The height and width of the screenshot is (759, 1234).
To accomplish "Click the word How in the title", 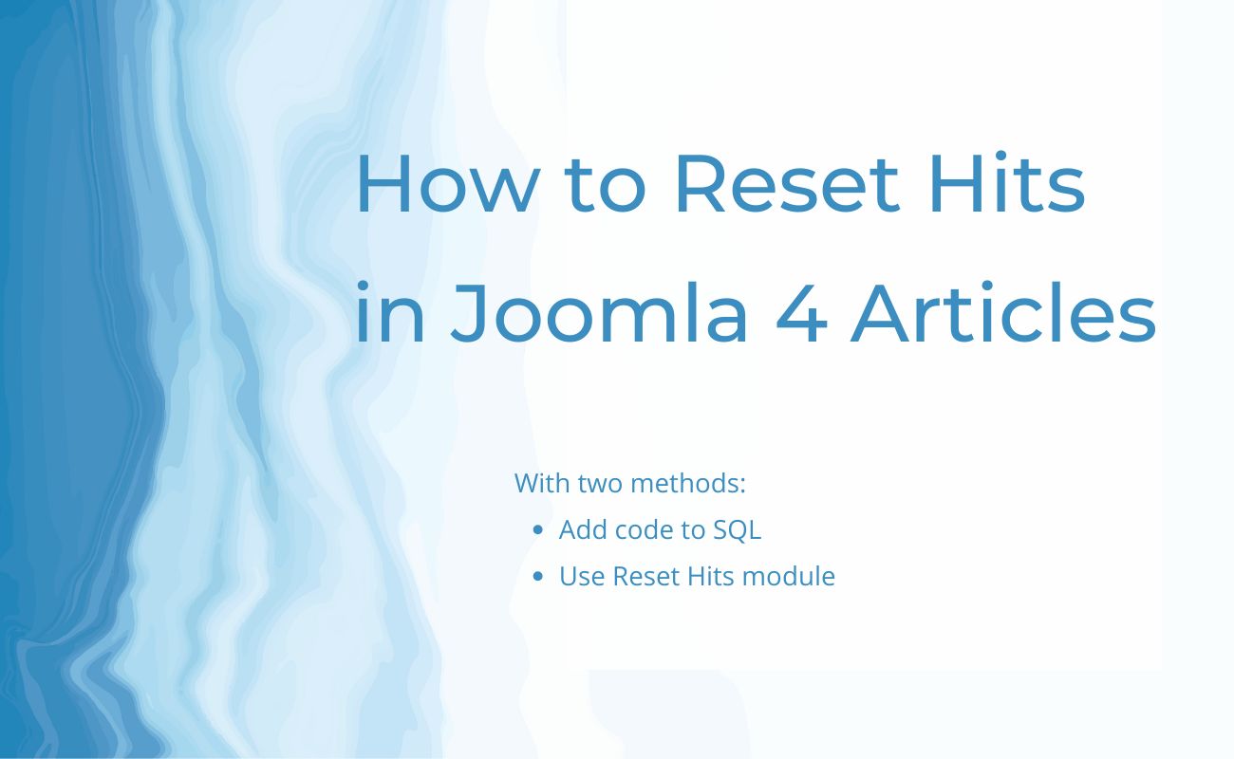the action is pyautogui.click(x=448, y=183).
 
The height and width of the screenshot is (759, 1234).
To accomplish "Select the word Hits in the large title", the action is pyautogui.click(x=1007, y=182).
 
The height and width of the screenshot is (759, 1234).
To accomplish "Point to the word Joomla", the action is pyautogui.click(x=599, y=313).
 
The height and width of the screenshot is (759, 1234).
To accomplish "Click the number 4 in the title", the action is pyautogui.click(x=801, y=314).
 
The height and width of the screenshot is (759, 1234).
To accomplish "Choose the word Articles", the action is pyautogui.click(x=1002, y=313).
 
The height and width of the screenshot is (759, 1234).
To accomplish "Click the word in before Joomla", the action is pyautogui.click(x=390, y=313).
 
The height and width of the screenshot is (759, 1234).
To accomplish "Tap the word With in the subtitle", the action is pyautogui.click(x=541, y=483).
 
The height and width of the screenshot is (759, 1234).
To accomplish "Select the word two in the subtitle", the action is pyautogui.click(x=600, y=484).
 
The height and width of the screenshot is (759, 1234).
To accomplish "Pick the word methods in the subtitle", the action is pyautogui.click(x=687, y=483).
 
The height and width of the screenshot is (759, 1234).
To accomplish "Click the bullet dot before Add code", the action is pyautogui.click(x=538, y=530).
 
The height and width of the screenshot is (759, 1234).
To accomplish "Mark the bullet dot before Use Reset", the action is pyautogui.click(x=538, y=577).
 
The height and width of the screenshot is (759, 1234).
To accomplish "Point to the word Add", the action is pyautogui.click(x=583, y=529).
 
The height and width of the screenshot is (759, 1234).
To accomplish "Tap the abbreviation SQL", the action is pyautogui.click(x=738, y=529).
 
